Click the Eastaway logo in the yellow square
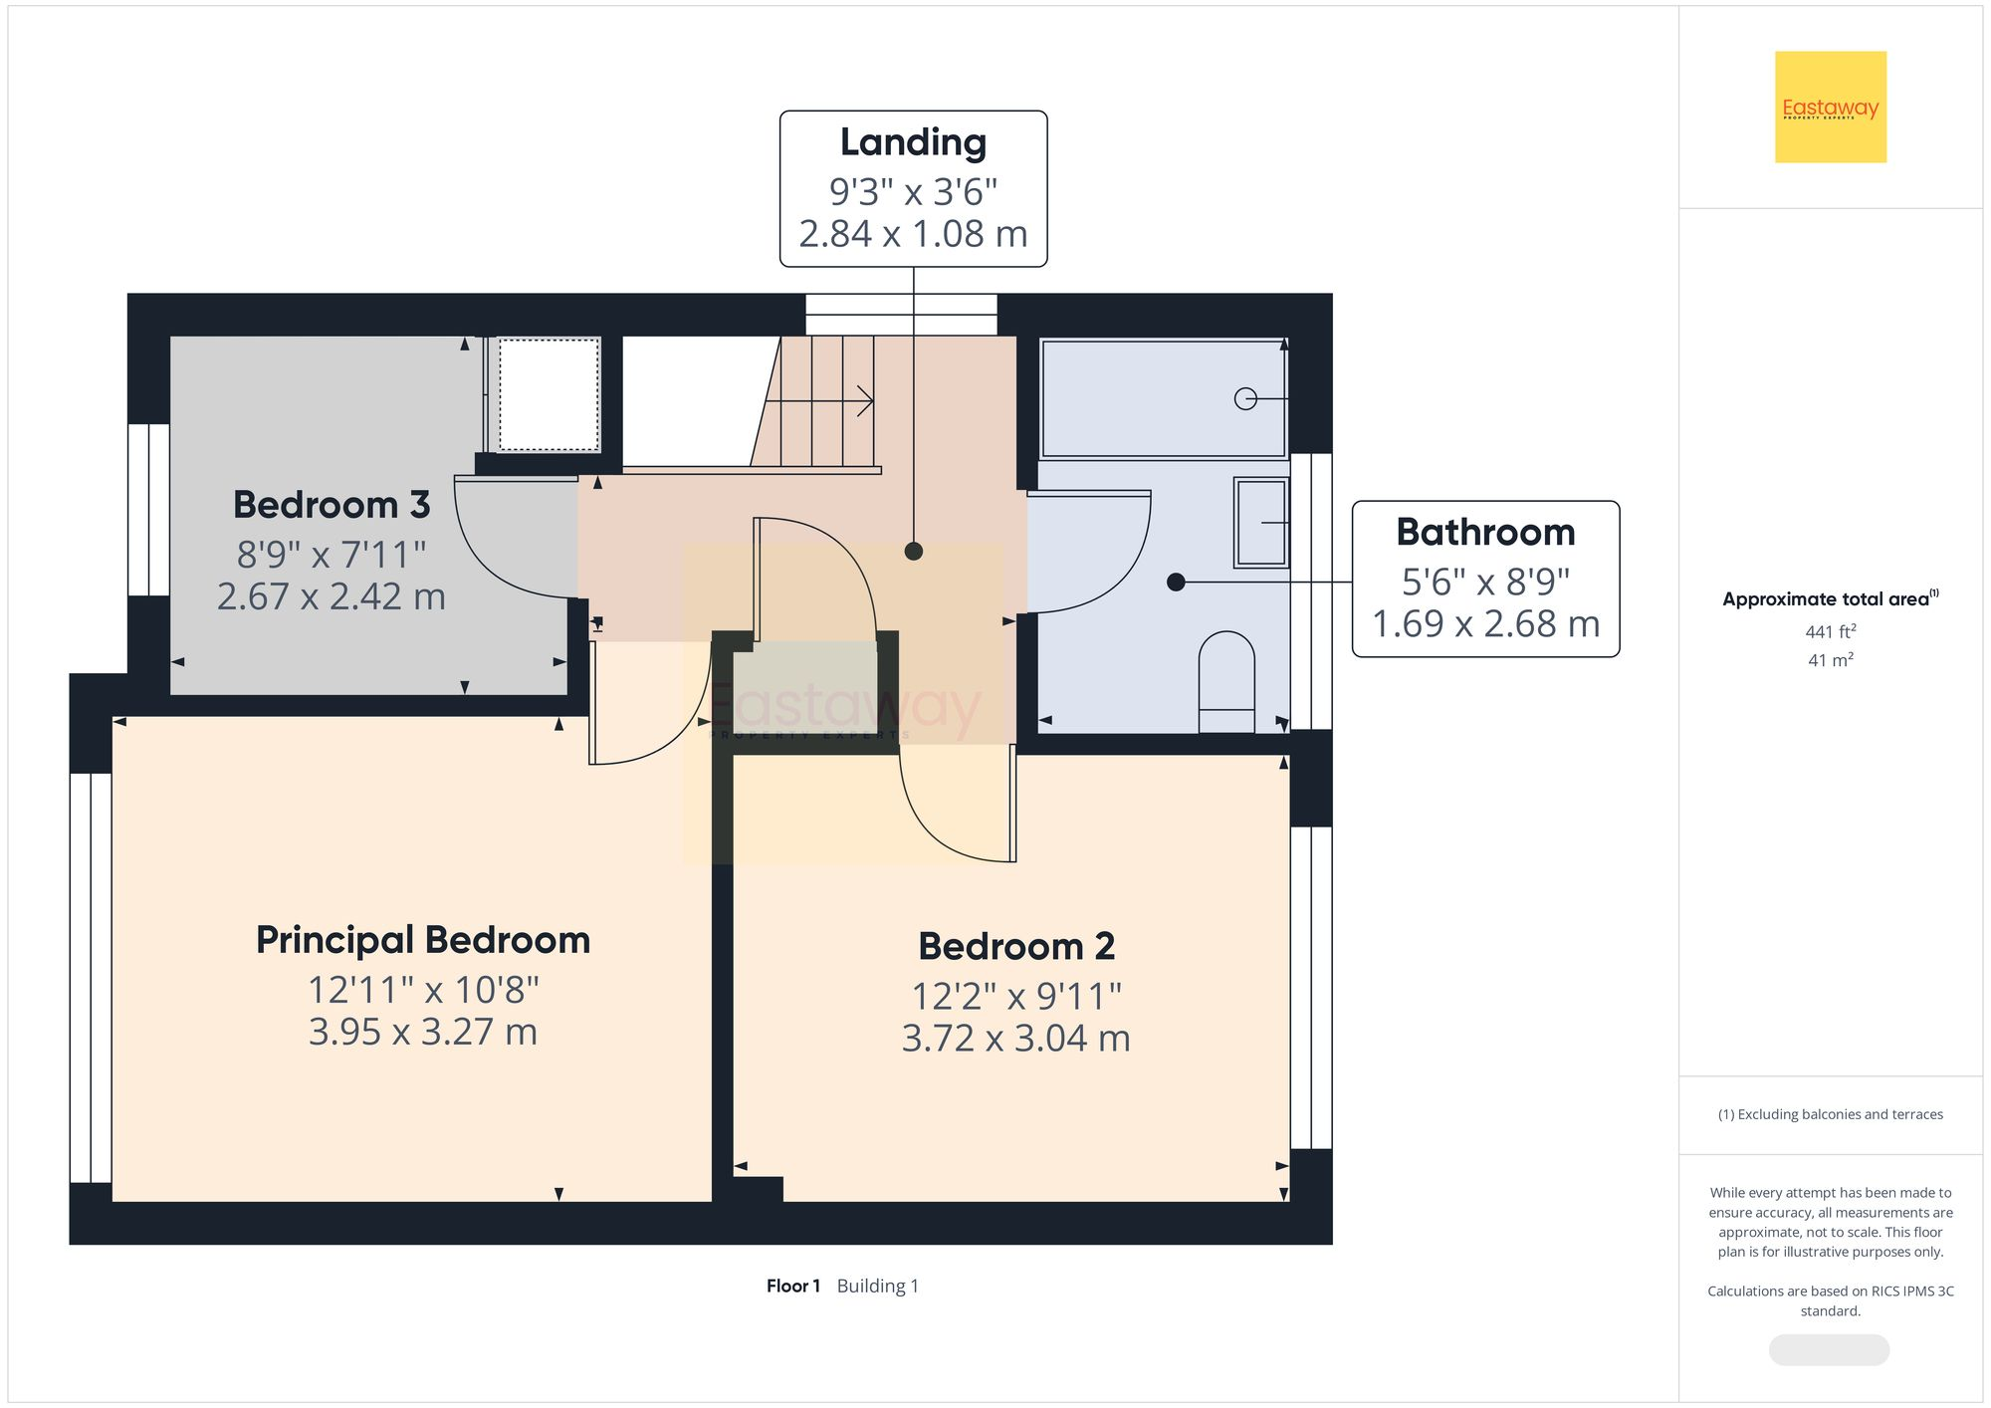(1830, 108)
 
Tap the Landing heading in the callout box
(913, 142)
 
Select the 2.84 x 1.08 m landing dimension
(913, 234)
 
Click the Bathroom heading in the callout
(1485, 533)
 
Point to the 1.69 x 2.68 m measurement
(1485, 624)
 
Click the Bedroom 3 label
(332, 505)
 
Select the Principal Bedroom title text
(423, 940)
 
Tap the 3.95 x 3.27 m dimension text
(423, 1032)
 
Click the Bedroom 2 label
(1016, 946)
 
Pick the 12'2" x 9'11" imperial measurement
(1016, 995)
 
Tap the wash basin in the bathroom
(1260, 522)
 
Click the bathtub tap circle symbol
(1244, 398)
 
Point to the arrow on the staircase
(864, 401)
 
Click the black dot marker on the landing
(914, 551)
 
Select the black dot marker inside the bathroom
(1176, 582)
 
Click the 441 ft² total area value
(1830, 631)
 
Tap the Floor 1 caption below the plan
(793, 1286)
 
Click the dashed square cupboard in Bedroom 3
(550, 394)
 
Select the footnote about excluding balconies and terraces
(1830, 1114)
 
